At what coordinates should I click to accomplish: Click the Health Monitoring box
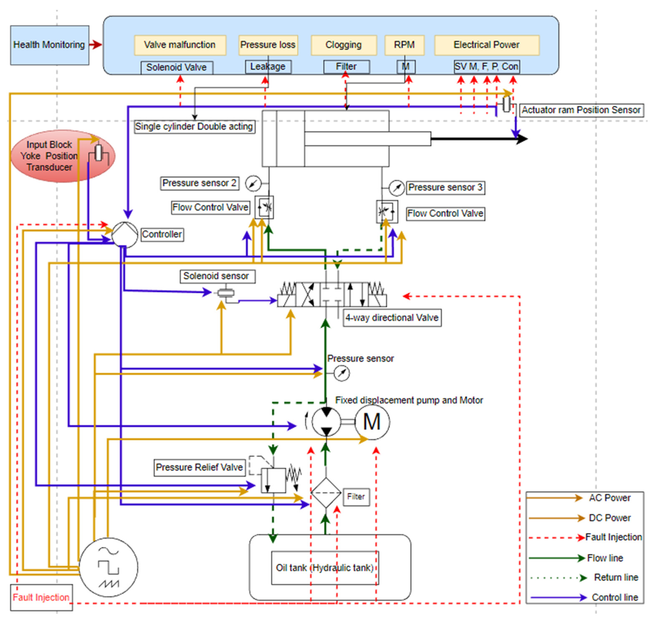tap(49, 45)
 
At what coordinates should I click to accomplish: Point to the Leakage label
tap(267, 67)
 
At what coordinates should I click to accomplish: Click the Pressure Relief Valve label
tap(199, 467)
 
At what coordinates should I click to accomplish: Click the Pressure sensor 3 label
tap(445, 187)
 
